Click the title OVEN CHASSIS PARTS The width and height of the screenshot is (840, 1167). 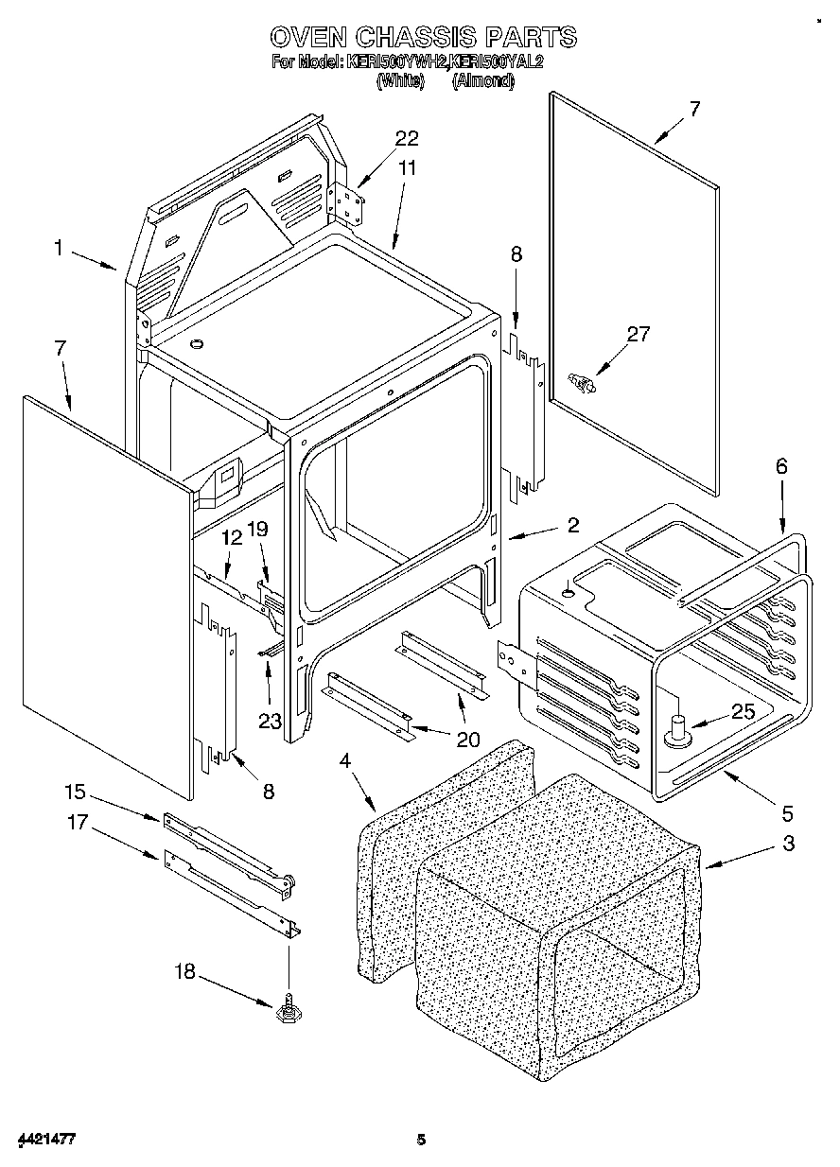coord(423,37)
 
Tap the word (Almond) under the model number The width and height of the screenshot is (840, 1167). coord(482,81)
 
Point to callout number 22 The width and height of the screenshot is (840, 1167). coord(406,139)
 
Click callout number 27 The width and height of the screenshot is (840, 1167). coord(639,333)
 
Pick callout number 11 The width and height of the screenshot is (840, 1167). coord(407,167)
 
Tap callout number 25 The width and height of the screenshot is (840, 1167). coord(744,712)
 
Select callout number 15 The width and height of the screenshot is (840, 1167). coord(76,791)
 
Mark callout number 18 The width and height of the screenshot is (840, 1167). coord(185,971)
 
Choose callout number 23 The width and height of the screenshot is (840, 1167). coord(271,721)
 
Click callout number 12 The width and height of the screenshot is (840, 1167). coord(232,537)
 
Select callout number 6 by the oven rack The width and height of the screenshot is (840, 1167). coord(780,466)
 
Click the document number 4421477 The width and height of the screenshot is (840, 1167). coord(44,1140)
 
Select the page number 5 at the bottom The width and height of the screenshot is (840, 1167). coord(422,1140)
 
